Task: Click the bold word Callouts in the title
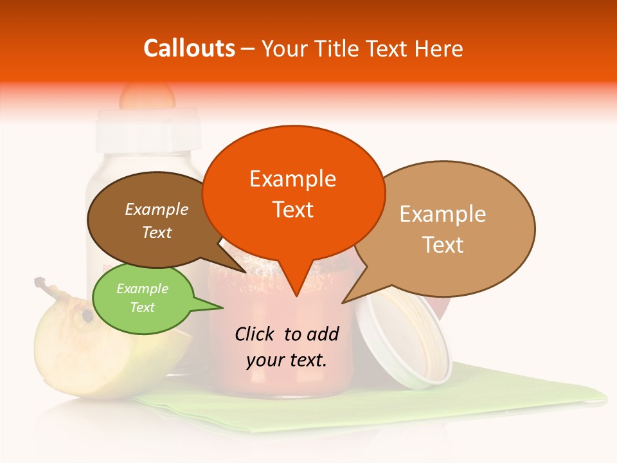click(x=189, y=48)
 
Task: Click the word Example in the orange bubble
click(x=293, y=178)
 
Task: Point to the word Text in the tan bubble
click(x=443, y=244)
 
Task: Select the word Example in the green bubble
click(x=142, y=289)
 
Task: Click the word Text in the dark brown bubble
click(x=157, y=232)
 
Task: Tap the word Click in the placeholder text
click(x=255, y=334)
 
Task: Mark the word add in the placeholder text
click(x=323, y=334)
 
